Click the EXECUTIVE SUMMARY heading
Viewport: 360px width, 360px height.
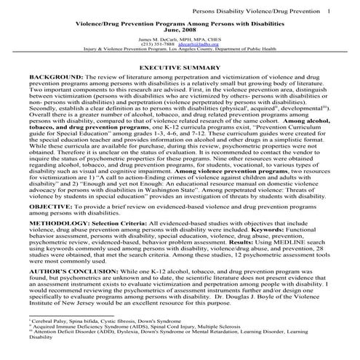(179, 66)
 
